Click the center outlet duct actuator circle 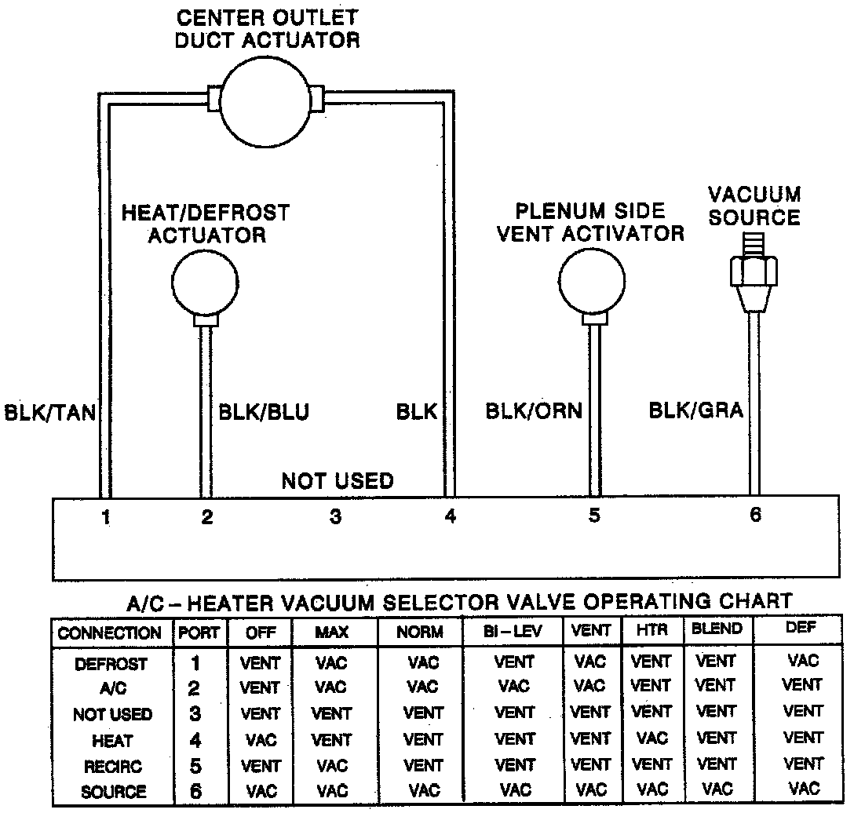pyautogui.click(x=265, y=100)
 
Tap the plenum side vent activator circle pyautogui.click(x=592, y=280)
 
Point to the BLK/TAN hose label pyautogui.click(x=49, y=413)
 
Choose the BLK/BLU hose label pyautogui.click(x=264, y=412)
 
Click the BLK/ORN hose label pyautogui.click(x=534, y=410)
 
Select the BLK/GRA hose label pyautogui.click(x=695, y=410)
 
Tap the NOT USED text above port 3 pyautogui.click(x=338, y=480)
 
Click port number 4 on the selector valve pyautogui.click(x=449, y=516)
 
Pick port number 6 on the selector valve pyautogui.click(x=755, y=515)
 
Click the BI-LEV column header pyautogui.click(x=513, y=632)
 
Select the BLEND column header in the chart pyautogui.click(x=717, y=629)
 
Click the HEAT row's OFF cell pyautogui.click(x=259, y=739)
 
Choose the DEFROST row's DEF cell pyautogui.click(x=802, y=660)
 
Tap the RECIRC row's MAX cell pyautogui.click(x=331, y=765)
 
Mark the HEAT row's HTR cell pyautogui.click(x=651, y=738)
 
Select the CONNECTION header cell pyautogui.click(x=110, y=633)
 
